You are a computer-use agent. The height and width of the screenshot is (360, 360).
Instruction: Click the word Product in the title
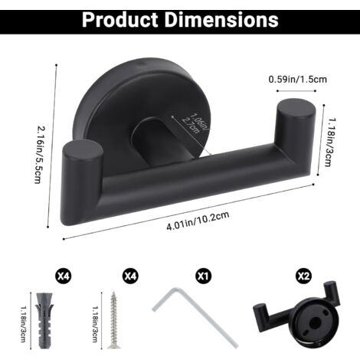coord(120,20)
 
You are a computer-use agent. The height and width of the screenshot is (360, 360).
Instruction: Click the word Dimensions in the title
coord(221,19)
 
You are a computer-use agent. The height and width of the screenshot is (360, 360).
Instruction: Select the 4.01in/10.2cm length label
coord(198,221)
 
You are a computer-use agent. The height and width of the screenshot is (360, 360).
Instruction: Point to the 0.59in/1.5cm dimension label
coord(297,79)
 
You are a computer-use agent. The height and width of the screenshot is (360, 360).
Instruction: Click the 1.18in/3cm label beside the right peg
coord(329,142)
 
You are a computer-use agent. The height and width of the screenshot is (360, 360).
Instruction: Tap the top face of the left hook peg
coord(83,151)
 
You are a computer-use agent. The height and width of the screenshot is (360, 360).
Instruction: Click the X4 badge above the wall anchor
coord(63,276)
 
